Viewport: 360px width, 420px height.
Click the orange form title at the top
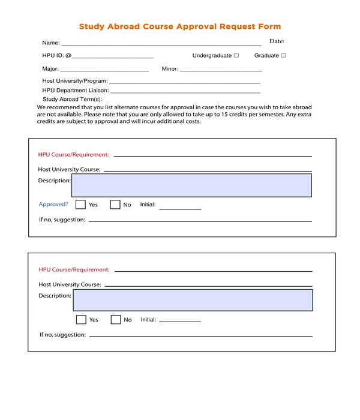[x=180, y=26]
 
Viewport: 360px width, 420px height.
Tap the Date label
[x=277, y=41]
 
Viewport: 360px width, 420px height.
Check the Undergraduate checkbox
[x=236, y=55]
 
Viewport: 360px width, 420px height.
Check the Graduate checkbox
[x=284, y=55]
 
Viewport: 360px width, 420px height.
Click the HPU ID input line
[x=113, y=56]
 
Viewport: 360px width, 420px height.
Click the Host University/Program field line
[x=184, y=82]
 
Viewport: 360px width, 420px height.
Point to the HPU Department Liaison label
[x=75, y=90]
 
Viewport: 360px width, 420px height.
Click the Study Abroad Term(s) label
[x=72, y=99]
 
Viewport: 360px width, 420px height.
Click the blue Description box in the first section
[x=191, y=185]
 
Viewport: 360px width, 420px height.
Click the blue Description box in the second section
[x=193, y=300]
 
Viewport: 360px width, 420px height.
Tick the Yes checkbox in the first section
[x=80, y=205]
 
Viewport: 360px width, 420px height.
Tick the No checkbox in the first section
[x=115, y=205]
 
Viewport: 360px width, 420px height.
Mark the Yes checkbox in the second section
[x=81, y=320]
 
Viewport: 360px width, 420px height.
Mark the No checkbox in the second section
[x=116, y=320]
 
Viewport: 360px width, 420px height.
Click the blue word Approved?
[x=53, y=205]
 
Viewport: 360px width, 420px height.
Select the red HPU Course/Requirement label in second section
[x=74, y=270]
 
